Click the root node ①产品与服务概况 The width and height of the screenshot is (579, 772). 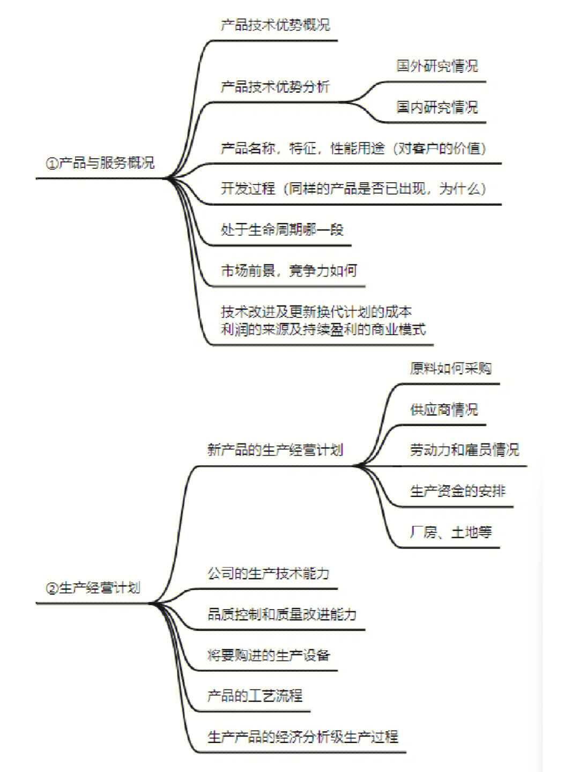[x=100, y=163]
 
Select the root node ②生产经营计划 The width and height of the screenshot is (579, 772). [x=93, y=588]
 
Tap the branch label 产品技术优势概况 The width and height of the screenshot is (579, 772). [x=276, y=25]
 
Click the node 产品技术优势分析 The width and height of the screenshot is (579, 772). [x=276, y=87]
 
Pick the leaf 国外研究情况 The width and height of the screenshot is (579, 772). [x=437, y=66]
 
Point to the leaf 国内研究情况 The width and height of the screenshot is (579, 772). [x=437, y=107]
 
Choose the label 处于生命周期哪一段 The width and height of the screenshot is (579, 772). [x=283, y=230]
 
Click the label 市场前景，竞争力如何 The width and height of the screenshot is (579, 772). [x=289, y=271]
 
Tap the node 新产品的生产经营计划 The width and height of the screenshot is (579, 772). [x=275, y=450]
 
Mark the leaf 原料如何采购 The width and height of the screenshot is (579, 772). [x=451, y=369]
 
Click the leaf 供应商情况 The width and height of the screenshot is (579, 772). [x=444, y=410]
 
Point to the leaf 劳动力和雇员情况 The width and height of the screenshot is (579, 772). [x=465, y=450]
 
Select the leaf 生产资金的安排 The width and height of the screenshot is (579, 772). [x=458, y=491]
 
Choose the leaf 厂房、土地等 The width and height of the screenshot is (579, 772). [x=451, y=532]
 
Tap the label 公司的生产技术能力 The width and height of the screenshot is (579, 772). [x=269, y=574]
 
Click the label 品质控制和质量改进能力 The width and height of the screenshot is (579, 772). [x=282, y=614]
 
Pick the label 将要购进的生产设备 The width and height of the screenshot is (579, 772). [x=269, y=655]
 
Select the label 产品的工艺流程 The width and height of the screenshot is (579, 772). [x=255, y=696]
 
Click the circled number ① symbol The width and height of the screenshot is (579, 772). [x=52, y=164]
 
